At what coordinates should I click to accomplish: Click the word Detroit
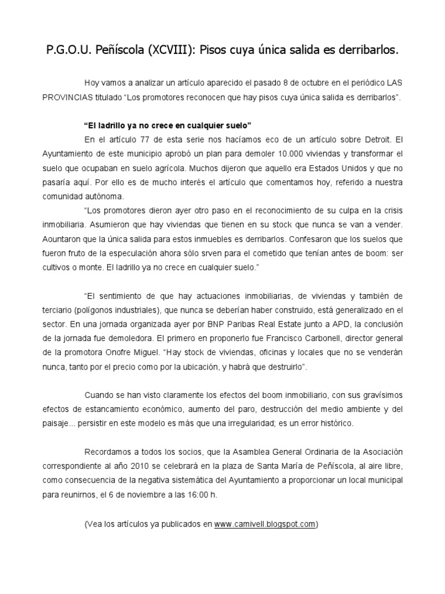369,140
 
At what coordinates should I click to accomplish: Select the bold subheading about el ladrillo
168,125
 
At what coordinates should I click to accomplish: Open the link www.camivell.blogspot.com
265,524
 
